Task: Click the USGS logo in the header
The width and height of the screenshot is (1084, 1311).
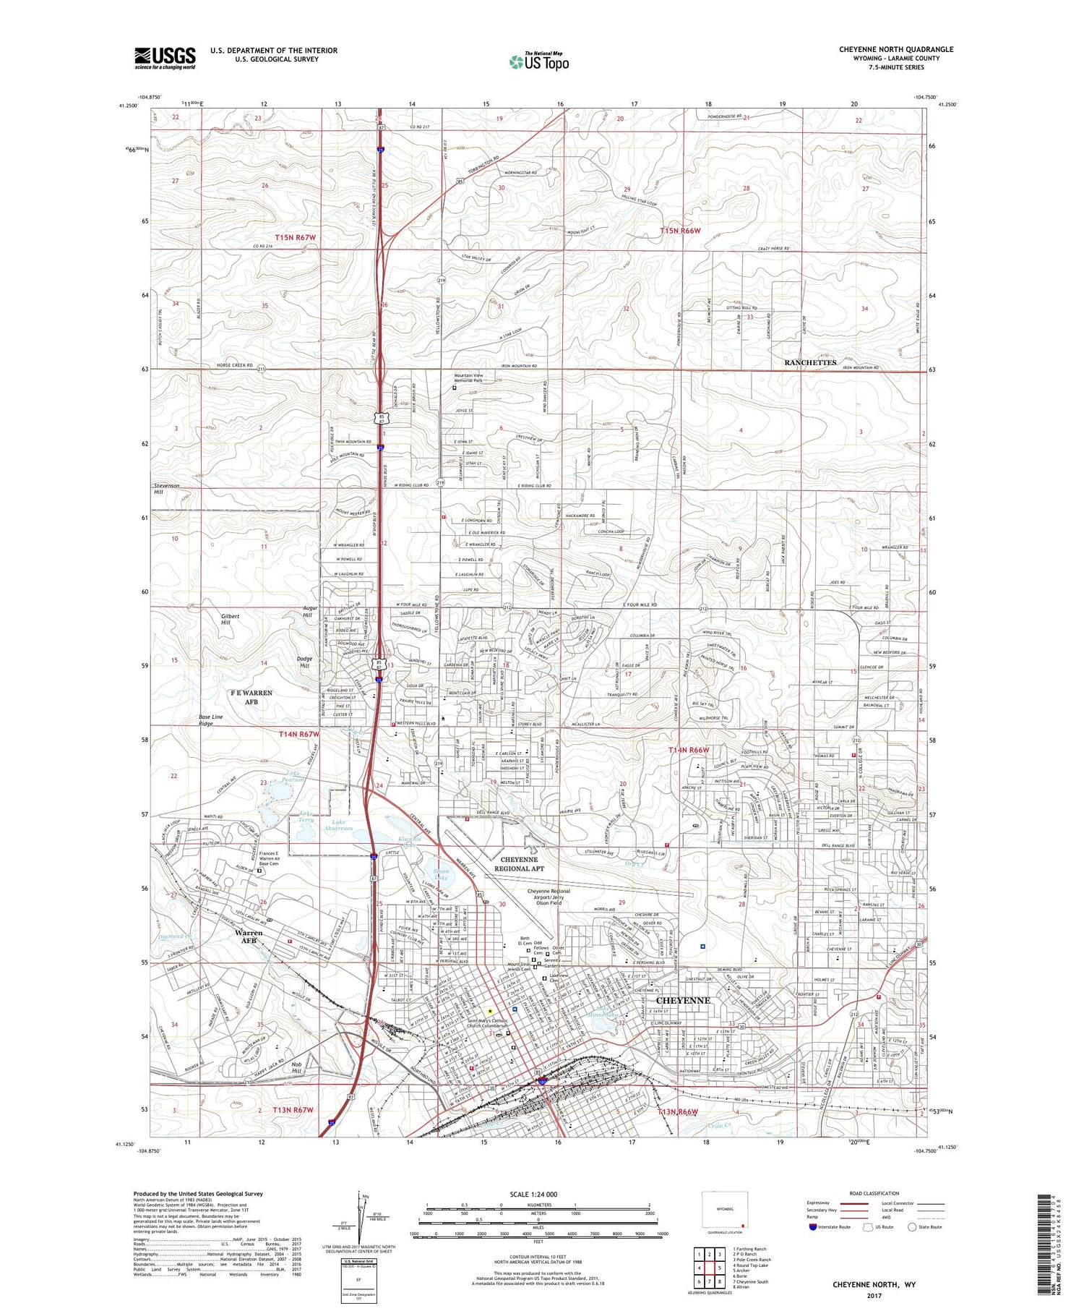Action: point(165,58)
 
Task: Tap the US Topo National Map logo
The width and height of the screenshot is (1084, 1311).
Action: point(538,62)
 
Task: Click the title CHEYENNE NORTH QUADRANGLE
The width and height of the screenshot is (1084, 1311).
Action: point(895,49)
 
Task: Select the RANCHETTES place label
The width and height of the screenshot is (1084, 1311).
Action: point(810,362)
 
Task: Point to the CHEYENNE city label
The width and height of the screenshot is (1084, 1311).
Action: point(683,1001)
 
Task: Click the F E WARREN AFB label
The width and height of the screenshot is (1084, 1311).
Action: point(251,696)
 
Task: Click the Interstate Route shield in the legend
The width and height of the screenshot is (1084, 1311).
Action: point(814,1227)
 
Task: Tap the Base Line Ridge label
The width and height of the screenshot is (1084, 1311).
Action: point(211,720)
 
